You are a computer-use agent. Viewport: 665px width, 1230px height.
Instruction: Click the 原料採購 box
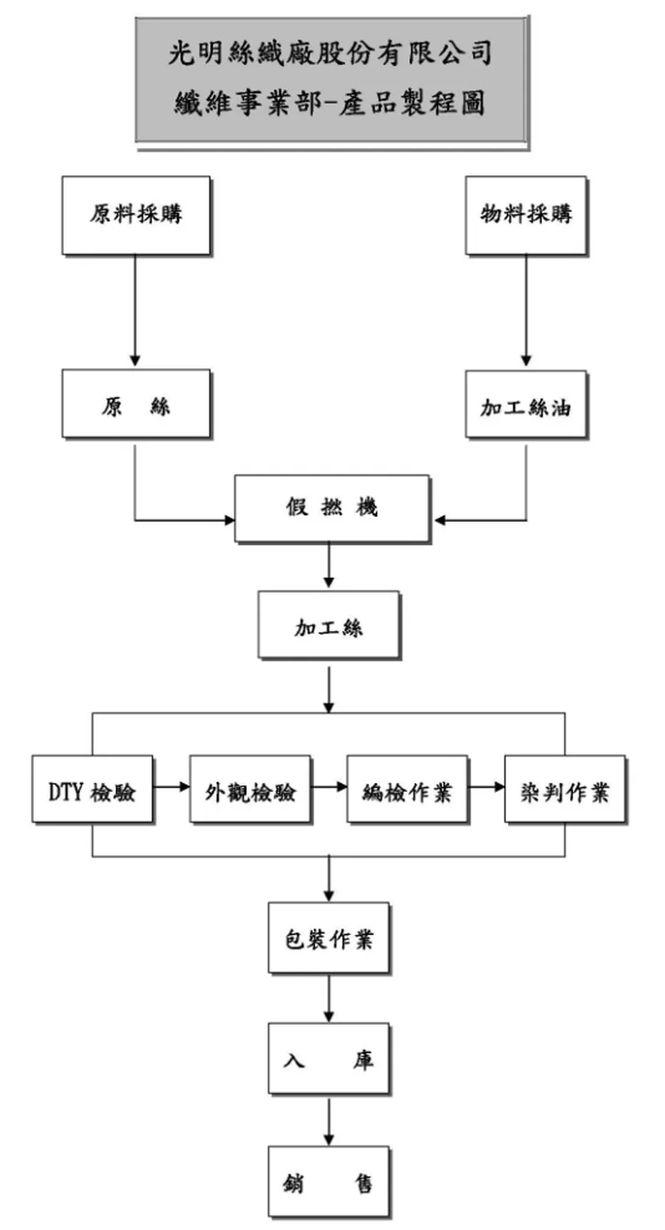135,214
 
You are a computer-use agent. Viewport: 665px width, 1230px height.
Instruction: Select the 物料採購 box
525,214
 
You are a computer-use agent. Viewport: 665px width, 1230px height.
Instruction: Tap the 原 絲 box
135,406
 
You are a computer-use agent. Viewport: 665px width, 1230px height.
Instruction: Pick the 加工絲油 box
525,406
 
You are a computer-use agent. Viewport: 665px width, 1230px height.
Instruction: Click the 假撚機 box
331,509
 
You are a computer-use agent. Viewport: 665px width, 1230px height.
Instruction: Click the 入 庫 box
328,1060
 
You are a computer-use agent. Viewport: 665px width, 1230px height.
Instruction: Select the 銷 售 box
328,1182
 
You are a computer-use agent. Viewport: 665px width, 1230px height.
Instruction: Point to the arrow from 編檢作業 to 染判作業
486,785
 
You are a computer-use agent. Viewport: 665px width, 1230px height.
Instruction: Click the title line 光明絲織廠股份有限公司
331,56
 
